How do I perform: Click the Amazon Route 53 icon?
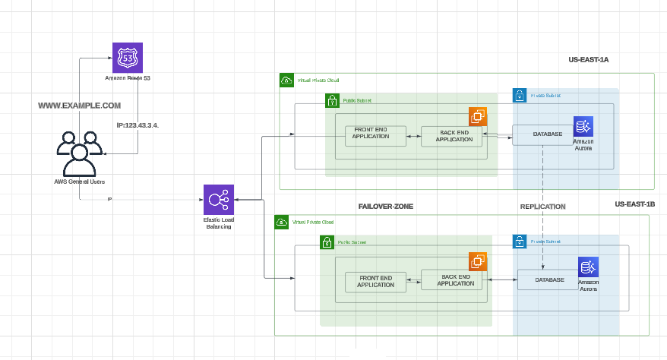tap(127, 58)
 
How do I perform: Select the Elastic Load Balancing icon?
tap(218, 200)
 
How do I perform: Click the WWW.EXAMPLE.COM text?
tap(80, 106)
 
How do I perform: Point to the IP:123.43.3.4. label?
tap(138, 124)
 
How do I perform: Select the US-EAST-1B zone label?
tap(634, 205)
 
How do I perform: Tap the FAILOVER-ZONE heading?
tap(385, 206)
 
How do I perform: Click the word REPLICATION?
tap(542, 206)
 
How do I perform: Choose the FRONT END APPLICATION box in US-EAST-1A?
tap(375, 135)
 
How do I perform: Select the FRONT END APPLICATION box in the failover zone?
tap(375, 281)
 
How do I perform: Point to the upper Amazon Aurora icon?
tap(583, 126)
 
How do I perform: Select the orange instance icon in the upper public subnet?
tap(478, 116)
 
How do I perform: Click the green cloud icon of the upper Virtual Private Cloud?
tap(286, 80)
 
